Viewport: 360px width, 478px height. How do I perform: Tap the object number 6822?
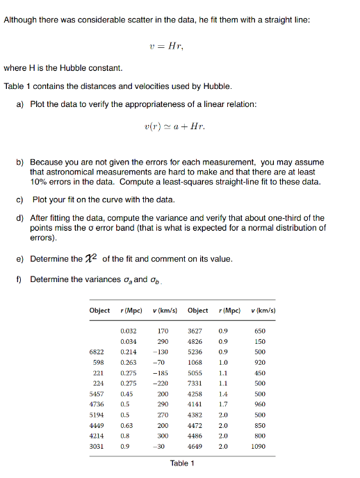pyautogui.click(x=97, y=352)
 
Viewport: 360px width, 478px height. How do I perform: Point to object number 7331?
pyautogui.click(x=195, y=382)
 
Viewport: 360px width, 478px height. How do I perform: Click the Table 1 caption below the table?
pyautogui.click(x=182, y=463)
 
